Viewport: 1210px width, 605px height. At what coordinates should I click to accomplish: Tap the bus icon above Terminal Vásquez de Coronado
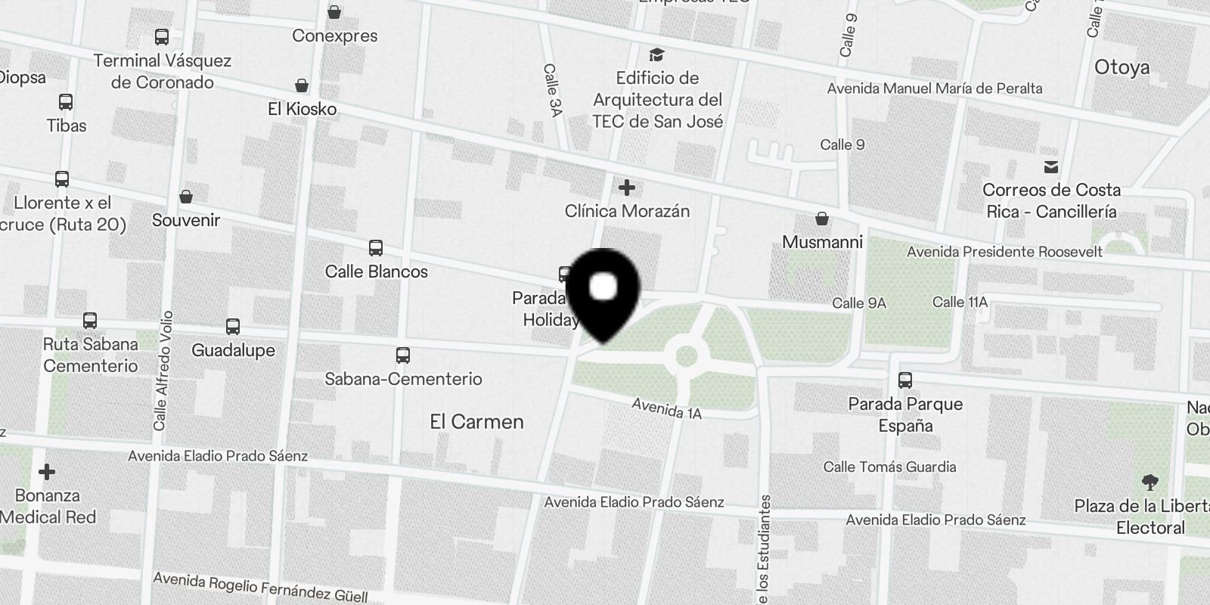pyautogui.click(x=161, y=36)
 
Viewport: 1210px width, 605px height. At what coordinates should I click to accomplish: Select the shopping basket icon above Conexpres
pyautogui.click(x=334, y=12)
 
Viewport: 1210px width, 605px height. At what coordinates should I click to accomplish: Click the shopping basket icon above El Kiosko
pyautogui.click(x=302, y=85)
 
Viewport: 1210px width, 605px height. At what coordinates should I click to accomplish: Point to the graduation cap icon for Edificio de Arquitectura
pyautogui.click(x=656, y=54)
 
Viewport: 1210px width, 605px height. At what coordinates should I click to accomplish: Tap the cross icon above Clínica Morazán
pyautogui.click(x=626, y=187)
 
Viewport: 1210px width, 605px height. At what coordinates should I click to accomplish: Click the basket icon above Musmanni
pyautogui.click(x=822, y=219)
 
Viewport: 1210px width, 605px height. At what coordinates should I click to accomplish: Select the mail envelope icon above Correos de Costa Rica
pyautogui.click(x=1050, y=166)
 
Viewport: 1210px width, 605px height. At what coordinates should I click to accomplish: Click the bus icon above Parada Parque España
pyautogui.click(x=905, y=380)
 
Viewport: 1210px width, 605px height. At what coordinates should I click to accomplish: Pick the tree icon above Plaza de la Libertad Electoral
pyautogui.click(x=1149, y=482)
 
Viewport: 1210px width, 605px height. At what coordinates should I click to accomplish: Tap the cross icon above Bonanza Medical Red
pyautogui.click(x=47, y=472)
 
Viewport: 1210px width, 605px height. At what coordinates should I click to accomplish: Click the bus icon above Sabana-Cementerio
pyautogui.click(x=403, y=355)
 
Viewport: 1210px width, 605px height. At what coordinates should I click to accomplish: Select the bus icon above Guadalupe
pyautogui.click(x=233, y=327)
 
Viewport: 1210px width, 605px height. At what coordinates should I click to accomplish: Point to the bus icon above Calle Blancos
pyautogui.click(x=376, y=247)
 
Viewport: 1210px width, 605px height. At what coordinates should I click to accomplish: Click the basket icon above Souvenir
pyautogui.click(x=186, y=197)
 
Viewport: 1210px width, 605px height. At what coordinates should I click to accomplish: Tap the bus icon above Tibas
pyautogui.click(x=66, y=101)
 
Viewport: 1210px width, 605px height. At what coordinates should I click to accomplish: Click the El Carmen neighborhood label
pyautogui.click(x=476, y=422)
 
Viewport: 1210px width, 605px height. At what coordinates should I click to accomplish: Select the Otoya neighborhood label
pyautogui.click(x=1122, y=67)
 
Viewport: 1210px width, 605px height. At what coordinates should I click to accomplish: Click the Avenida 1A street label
pyautogui.click(x=666, y=408)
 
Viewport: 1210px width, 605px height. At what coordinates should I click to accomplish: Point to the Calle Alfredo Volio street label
pyautogui.click(x=161, y=371)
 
